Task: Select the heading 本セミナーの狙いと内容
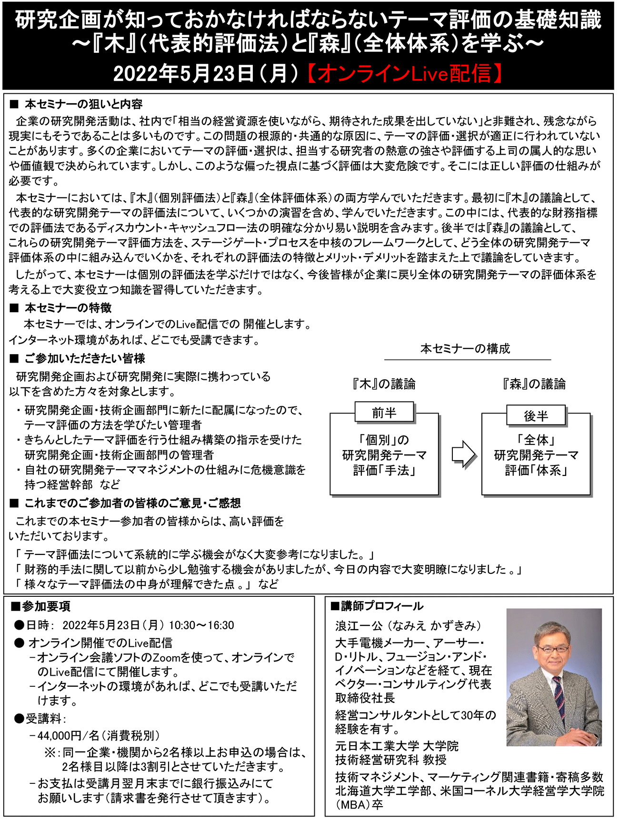(83, 104)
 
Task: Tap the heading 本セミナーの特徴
(68, 308)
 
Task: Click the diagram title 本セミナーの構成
(465, 349)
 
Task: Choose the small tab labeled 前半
(384, 413)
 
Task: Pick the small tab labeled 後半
(536, 416)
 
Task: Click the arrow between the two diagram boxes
(463, 454)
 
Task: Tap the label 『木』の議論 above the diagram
(383, 384)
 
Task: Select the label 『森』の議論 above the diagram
(534, 384)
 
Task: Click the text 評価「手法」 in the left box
(384, 471)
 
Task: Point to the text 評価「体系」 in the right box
(536, 471)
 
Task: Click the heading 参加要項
(46, 606)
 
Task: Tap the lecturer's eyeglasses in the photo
(554, 649)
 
